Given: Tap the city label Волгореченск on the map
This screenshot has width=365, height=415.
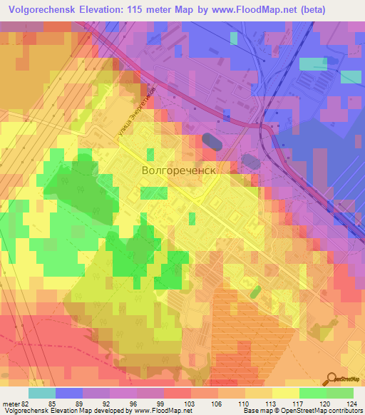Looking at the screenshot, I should click(178, 171).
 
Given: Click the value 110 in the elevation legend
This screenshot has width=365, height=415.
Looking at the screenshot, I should click(233, 405).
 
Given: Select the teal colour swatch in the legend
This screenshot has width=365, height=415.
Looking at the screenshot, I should click(41, 393).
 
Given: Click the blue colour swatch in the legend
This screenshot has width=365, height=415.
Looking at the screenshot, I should click(68, 393).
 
